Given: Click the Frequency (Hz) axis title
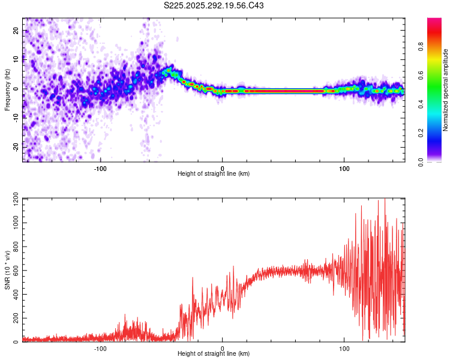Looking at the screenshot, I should point(7,89).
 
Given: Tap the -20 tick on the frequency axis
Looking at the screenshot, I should point(16,146).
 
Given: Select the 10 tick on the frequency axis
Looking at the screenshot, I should point(16,60).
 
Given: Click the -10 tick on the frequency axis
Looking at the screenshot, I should point(16,118).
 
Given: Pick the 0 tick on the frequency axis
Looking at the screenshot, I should point(16,89).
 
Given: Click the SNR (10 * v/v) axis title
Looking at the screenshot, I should point(7,270).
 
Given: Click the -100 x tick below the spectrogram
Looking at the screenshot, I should point(100,167).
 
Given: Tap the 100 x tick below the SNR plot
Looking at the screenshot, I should point(345,347).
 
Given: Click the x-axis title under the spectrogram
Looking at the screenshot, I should point(214,174).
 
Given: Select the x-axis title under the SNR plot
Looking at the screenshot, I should point(214,354).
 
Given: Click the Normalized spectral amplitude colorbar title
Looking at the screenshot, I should point(446,89).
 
